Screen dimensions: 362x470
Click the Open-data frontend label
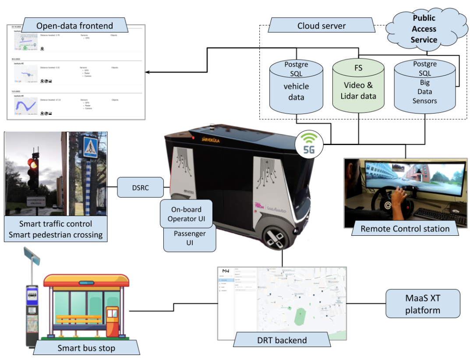pyautogui.click(x=74, y=25)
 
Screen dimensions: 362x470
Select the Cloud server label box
pyautogui.click(x=322, y=26)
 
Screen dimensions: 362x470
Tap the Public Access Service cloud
pyautogui.click(x=424, y=29)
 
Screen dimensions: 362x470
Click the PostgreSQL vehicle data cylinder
pyautogui.click(x=296, y=86)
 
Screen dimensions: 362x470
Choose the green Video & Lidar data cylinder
pyautogui.click(x=359, y=86)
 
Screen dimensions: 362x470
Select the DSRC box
pyautogui.click(x=140, y=187)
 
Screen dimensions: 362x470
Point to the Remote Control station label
pyautogui.click(x=405, y=228)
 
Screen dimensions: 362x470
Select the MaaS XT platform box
pyautogui.click(x=423, y=303)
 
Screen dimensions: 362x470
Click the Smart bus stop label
pyautogui.click(x=86, y=348)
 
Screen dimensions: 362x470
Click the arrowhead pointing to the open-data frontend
pyautogui.click(x=148, y=72)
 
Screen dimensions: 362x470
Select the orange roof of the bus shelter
pyautogui.click(x=86, y=280)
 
